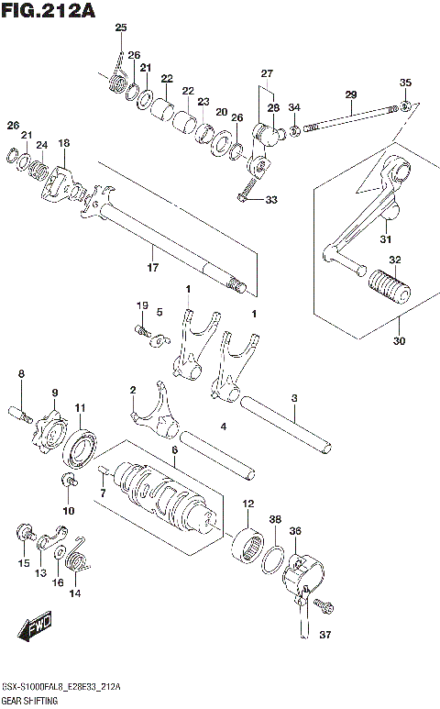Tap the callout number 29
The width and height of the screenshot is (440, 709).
click(x=350, y=94)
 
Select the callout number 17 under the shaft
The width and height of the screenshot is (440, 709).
click(x=153, y=267)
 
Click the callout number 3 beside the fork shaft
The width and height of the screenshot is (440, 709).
click(x=293, y=398)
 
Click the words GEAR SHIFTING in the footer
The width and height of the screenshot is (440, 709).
click(x=30, y=701)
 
